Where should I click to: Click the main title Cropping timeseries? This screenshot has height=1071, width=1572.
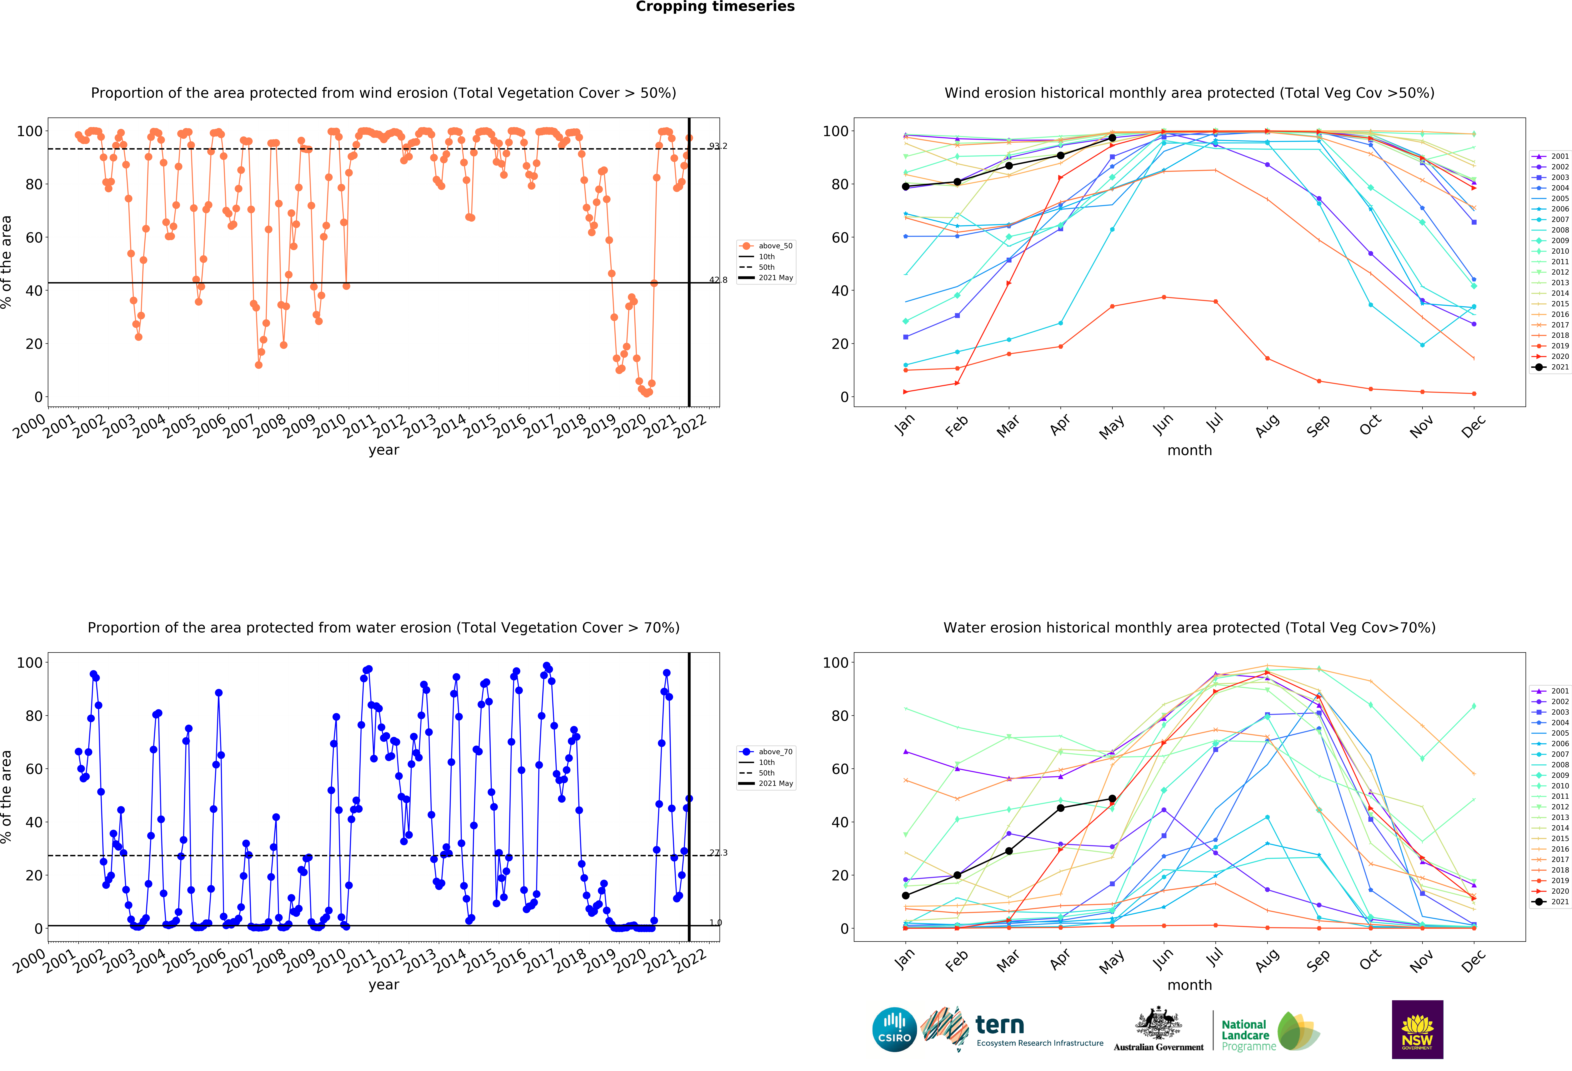click(715, 7)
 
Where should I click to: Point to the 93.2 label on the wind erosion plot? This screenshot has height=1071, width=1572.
click(718, 146)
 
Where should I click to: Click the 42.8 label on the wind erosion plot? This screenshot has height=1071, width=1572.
click(718, 280)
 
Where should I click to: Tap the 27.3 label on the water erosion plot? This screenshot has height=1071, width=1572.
click(718, 853)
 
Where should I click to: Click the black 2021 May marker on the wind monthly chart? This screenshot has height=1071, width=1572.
click(1112, 138)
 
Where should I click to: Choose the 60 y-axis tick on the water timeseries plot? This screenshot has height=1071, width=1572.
click(34, 769)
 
